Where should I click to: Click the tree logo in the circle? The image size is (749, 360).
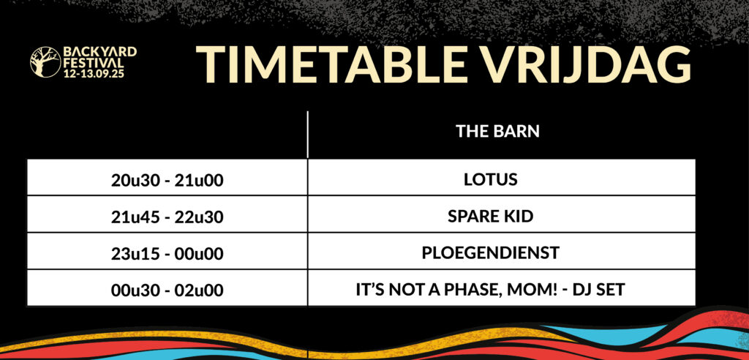[45, 61]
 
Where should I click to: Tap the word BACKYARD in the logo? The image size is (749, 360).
[100, 52]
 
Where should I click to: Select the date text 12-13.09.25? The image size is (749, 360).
[94, 74]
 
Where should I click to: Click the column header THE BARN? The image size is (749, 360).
[497, 132]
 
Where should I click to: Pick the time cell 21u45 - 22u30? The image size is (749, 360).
[168, 217]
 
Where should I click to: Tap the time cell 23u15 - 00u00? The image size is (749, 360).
[168, 253]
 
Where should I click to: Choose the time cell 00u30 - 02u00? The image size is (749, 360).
[168, 290]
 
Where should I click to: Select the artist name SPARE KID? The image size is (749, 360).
[491, 217]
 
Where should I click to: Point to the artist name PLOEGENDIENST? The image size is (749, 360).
[491, 253]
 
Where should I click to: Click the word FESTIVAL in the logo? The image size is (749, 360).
[94, 63]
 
